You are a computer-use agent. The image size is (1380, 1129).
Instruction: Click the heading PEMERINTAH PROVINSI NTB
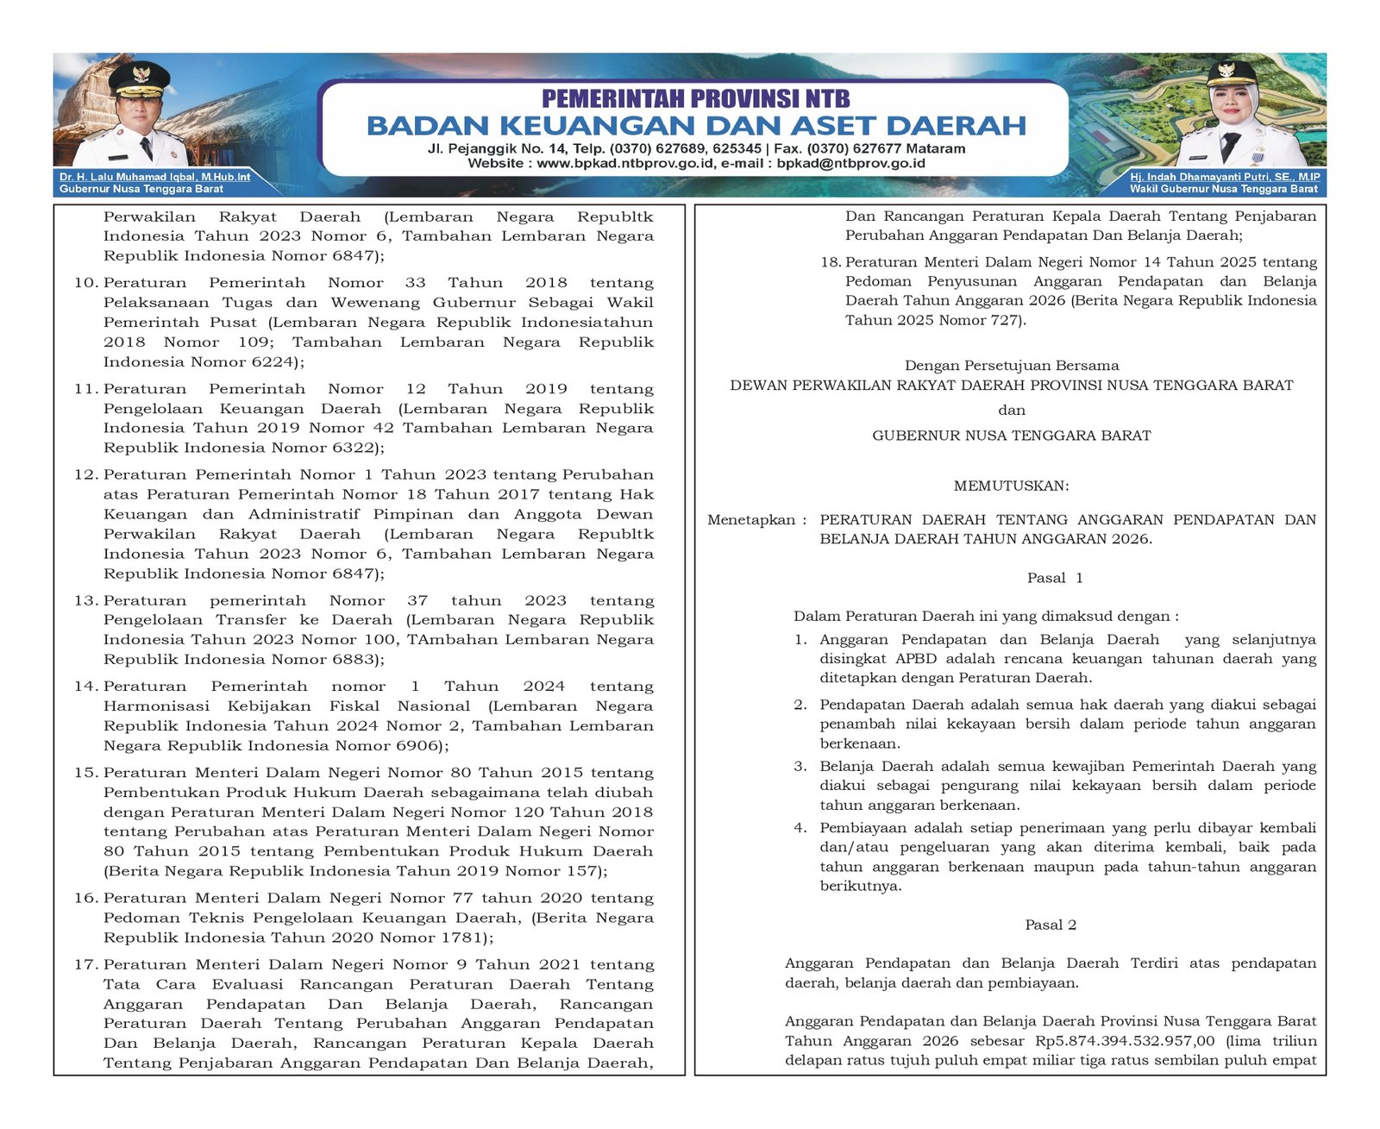coord(695,98)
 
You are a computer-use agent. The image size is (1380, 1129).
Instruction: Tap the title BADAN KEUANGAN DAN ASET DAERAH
coord(696,126)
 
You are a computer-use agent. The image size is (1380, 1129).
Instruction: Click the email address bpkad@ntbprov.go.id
coord(850,163)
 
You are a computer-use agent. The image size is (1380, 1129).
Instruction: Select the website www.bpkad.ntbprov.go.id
coord(625,163)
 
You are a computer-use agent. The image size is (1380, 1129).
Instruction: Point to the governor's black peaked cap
coord(139,79)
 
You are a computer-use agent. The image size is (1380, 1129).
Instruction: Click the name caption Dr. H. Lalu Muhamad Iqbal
coord(154,177)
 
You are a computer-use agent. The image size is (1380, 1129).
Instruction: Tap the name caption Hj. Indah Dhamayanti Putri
coord(1225,177)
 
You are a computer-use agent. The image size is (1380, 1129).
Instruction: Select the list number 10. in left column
coord(86,283)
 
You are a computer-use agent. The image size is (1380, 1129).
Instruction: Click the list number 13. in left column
coord(86,600)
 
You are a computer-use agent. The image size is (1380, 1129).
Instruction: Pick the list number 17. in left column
coord(86,964)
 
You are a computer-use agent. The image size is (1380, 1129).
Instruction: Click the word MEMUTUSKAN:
coord(1011,486)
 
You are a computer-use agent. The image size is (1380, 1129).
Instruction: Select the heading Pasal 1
coord(1054,578)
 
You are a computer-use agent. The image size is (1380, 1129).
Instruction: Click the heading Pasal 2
coord(1051,925)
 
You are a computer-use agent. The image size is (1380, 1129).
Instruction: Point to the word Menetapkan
coord(751,519)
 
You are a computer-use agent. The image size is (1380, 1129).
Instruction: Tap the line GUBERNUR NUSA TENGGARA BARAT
coord(1011,436)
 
